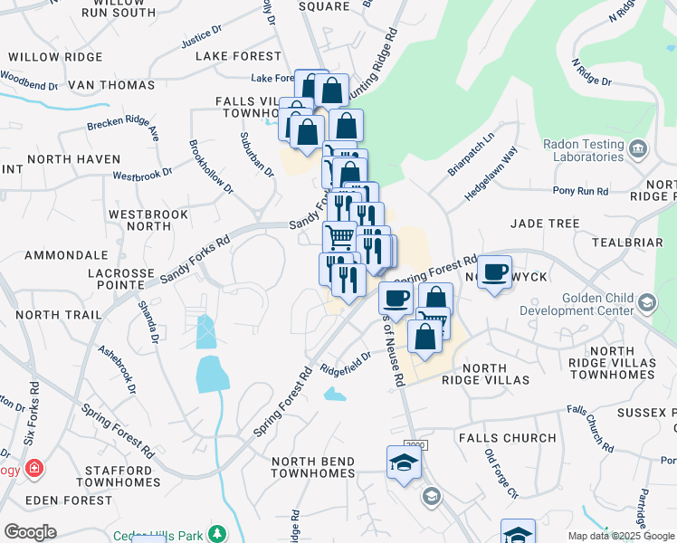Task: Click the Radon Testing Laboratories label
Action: (x=586, y=150)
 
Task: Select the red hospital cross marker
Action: (x=34, y=469)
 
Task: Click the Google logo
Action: (x=30, y=532)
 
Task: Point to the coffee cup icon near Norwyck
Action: (x=495, y=272)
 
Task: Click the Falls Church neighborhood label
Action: (x=507, y=438)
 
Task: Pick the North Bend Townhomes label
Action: (x=312, y=467)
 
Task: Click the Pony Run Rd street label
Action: (x=580, y=192)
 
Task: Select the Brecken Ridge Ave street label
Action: (x=123, y=131)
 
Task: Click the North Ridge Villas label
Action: (x=485, y=374)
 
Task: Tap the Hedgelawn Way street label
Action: (x=491, y=167)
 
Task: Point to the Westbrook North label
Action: (x=148, y=220)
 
